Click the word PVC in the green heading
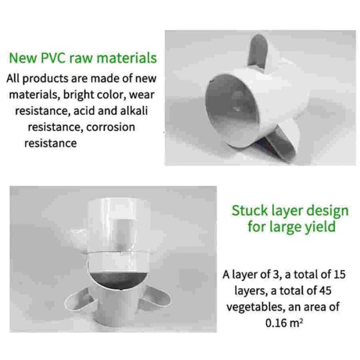click(53, 57)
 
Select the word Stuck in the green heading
click(250, 210)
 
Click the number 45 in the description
click(325, 291)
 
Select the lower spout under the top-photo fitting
click(281, 145)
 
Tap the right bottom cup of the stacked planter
click(156, 297)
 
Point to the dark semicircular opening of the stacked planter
click(119, 280)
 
